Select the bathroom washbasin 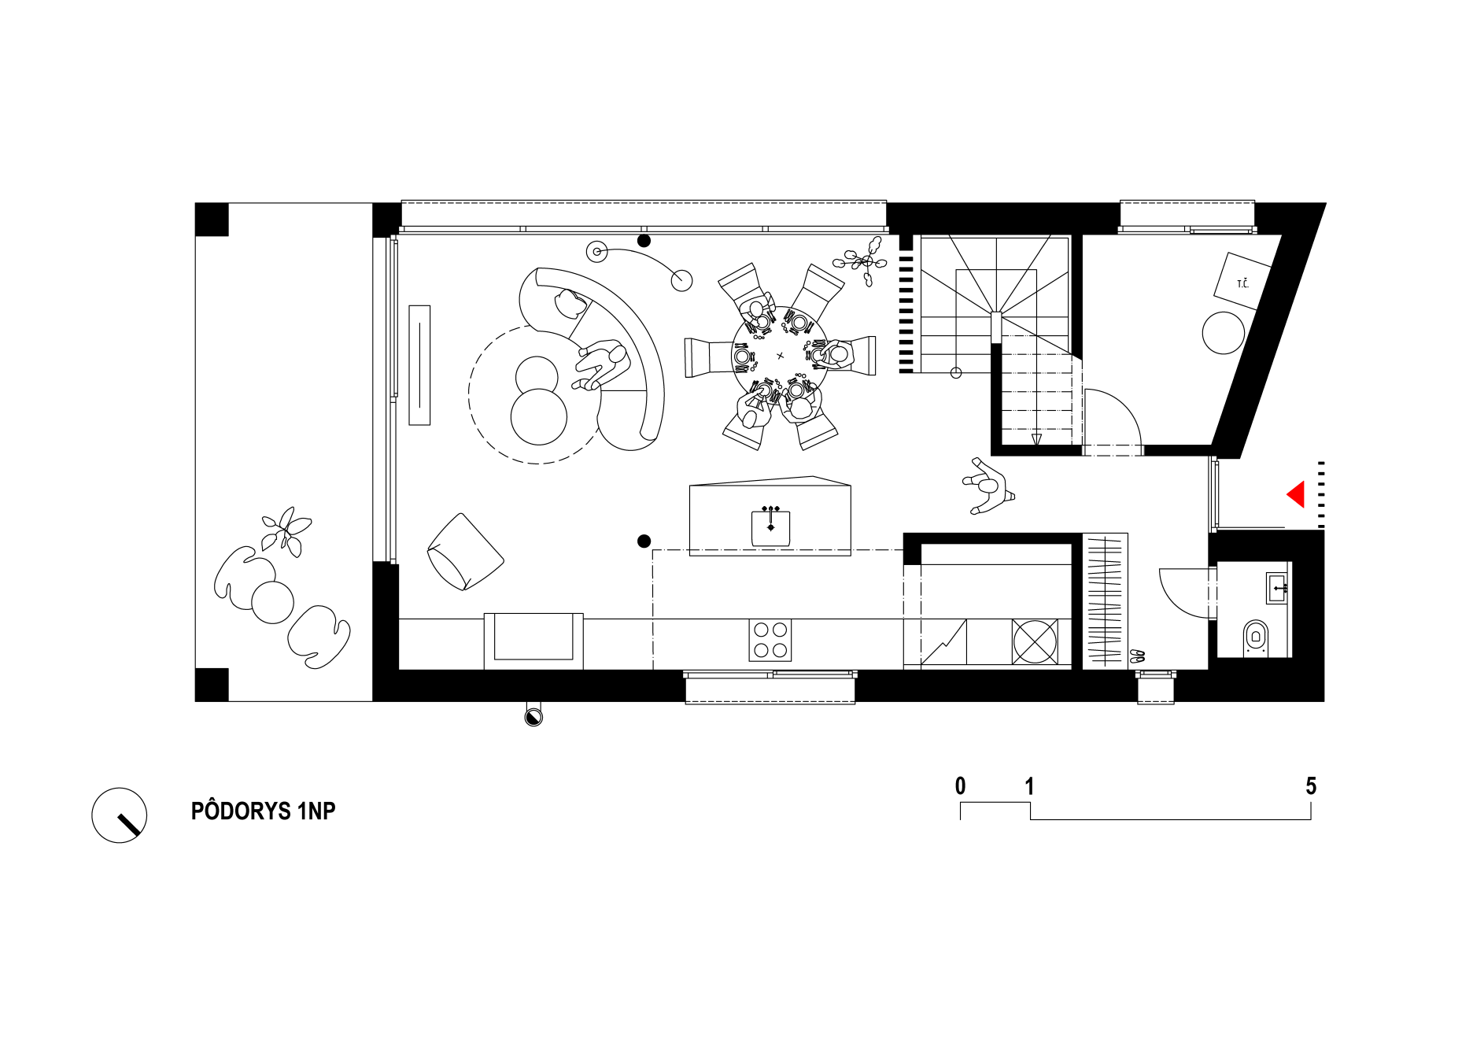[x=1277, y=588]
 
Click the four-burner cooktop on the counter [x=770, y=640]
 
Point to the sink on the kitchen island [x=770, y=527]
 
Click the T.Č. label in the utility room [x=1243, y=283]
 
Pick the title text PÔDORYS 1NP [x=264, y=811]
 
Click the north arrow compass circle [x=120, y=815]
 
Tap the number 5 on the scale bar [x=1311, y=785]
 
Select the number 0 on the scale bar [x=960, y=785]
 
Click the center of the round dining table [x=780, y=356]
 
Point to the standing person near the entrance [x=988, y=486]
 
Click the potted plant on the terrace [x=286, y=530]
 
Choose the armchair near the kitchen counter [x=465, y=552]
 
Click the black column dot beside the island [x=644, y=541]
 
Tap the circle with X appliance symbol [x=1035, y=641]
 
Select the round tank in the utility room [x=1224, y=333]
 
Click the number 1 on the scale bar [x=1029, y=785]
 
